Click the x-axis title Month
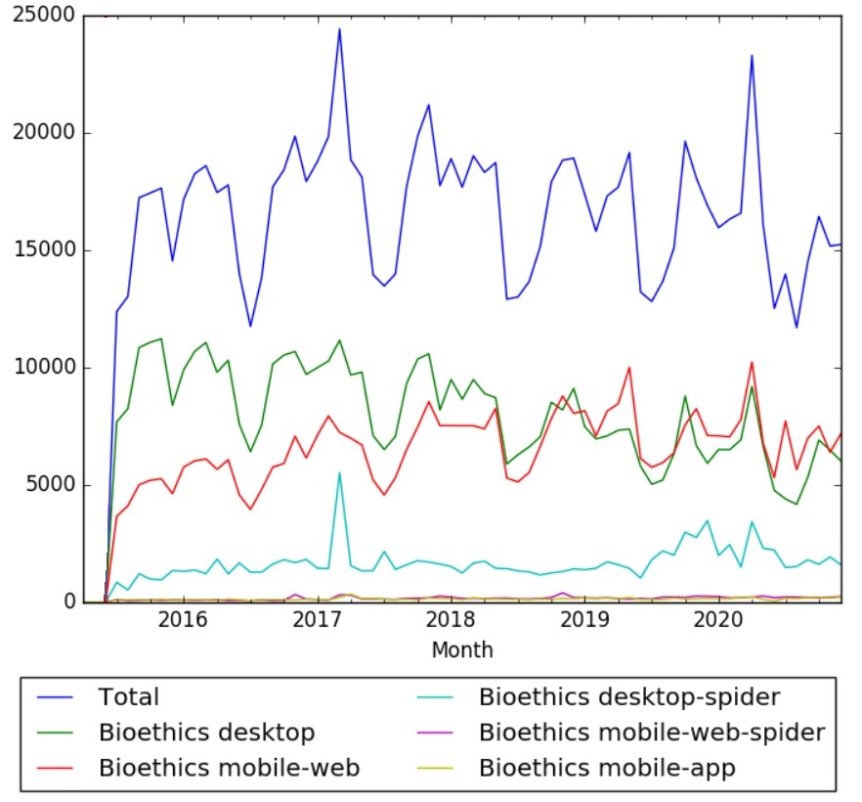coord(462,649)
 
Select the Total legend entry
coord(128,697)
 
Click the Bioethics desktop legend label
coord(206,733)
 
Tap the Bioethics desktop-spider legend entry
coord(629,697)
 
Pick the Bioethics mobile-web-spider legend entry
coord(652,733)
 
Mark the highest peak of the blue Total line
coord(339,29)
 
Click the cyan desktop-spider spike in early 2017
coord(339,473)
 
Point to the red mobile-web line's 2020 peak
coord(752,363)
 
